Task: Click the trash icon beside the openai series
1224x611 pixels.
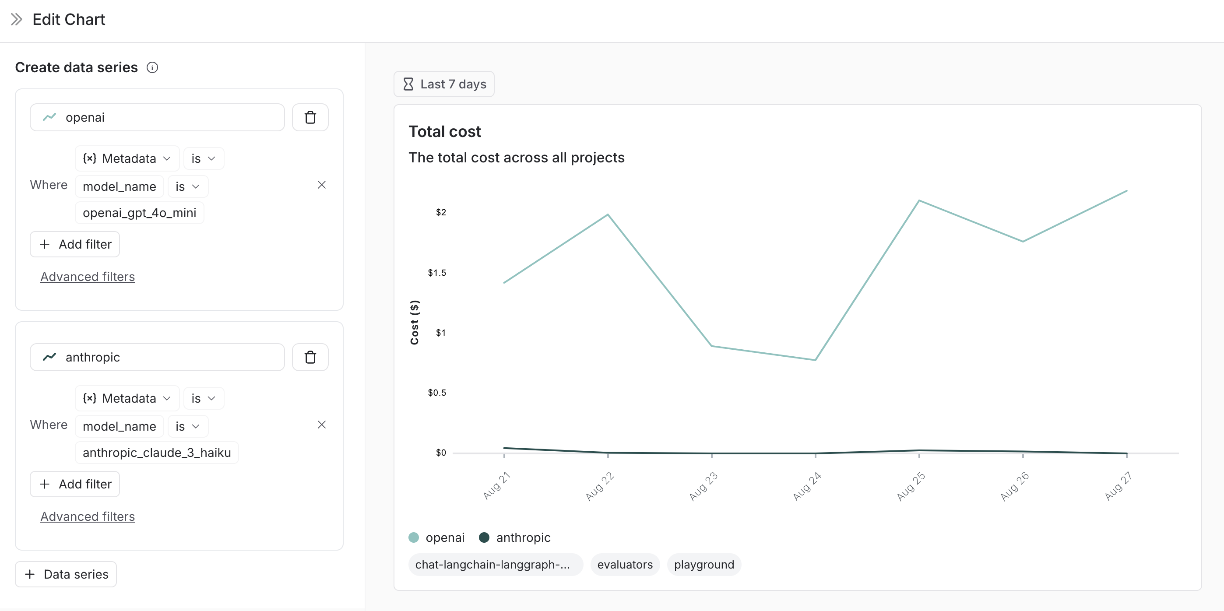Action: coord(310,117)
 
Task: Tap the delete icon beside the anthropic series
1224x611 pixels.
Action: coord(310,357)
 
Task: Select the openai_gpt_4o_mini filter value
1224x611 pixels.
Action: coord(139,213)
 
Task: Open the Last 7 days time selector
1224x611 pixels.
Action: coord(444,84)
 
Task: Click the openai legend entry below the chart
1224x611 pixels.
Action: coord(436,537)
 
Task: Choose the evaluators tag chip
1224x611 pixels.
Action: coord(625,565)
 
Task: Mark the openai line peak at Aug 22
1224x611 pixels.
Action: coord(608,215)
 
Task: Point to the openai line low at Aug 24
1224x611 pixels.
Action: coord(816,360)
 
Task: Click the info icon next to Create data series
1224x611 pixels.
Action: coord(152,67)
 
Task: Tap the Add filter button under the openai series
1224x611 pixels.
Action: coord(75,244)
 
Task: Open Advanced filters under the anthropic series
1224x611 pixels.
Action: coord(88,516)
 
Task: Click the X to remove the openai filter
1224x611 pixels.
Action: coord(322,185)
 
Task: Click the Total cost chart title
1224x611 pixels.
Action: coord(445,132)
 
